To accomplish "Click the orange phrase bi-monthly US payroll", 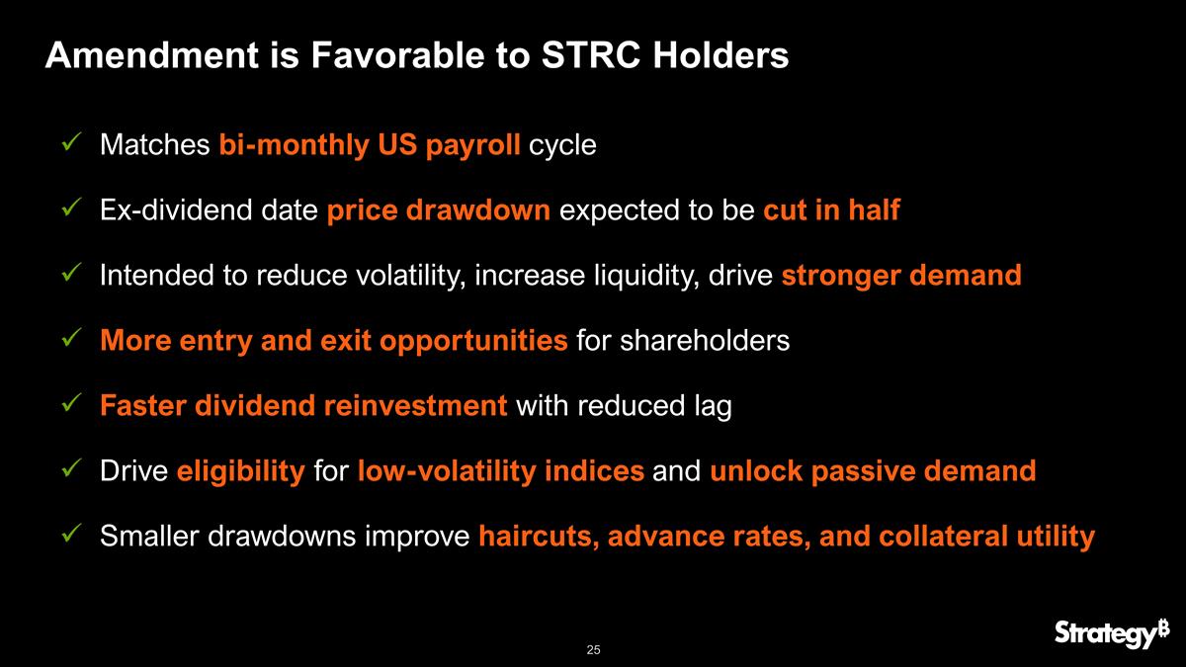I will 370,145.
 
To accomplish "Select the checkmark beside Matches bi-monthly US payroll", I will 70,145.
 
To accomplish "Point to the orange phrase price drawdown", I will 438,210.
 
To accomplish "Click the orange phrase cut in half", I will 831,210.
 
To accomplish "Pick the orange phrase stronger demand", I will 900,276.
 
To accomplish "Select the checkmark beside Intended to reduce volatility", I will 70,276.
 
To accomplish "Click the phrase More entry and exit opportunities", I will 333,341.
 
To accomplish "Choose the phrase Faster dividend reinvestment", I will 303,406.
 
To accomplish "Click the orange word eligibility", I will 240,471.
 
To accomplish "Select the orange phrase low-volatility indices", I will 501,471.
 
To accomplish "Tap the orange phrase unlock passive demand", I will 873,471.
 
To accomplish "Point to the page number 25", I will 593,649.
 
